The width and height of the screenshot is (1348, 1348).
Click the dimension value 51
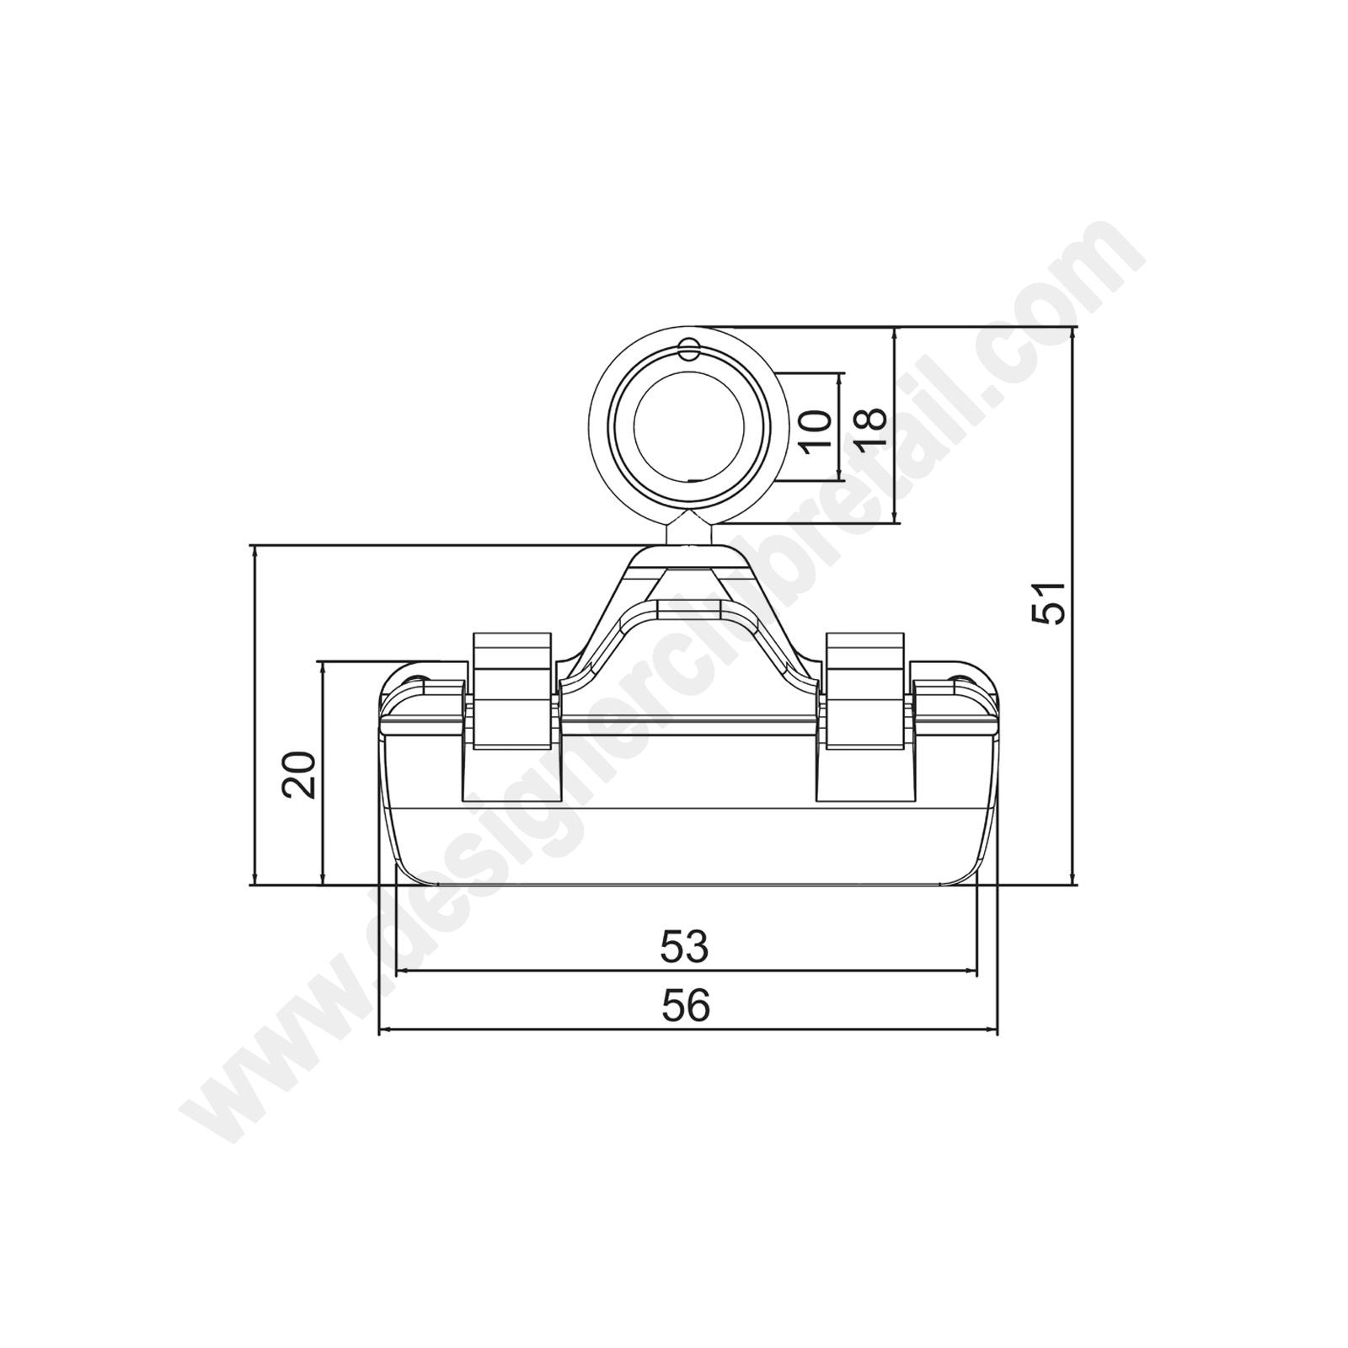pos(1049,602)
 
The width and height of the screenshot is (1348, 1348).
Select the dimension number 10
pos(816,432)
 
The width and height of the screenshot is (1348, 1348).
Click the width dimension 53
pos(685,946)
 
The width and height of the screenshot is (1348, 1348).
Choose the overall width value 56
pos(686,1005)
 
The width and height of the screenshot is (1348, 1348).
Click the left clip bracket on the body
pos(512,691)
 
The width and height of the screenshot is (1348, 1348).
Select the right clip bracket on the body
pos(865,691)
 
